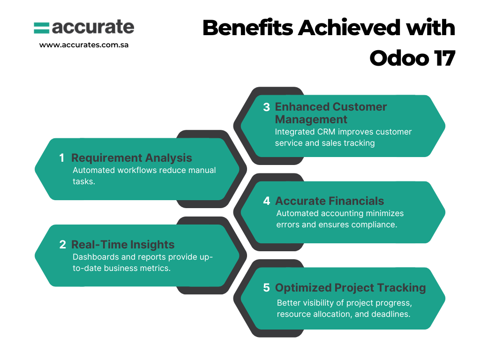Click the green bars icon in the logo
(41, 28)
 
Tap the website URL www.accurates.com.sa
(84, 45)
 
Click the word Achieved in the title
(349, 28)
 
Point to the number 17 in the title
(444, 58)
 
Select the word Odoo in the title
(399, 58)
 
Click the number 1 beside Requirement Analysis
(62, 158)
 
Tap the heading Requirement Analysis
(132, 158)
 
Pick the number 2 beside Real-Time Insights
(62, 245)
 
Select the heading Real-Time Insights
(123, 245)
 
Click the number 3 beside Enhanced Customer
(266, 107)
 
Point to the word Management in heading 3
(311, 120)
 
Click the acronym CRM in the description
(326, 132)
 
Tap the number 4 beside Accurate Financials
(267, 201)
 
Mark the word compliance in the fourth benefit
(374, 225)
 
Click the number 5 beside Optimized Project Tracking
(266, 288)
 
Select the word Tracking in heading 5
(401, 288)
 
